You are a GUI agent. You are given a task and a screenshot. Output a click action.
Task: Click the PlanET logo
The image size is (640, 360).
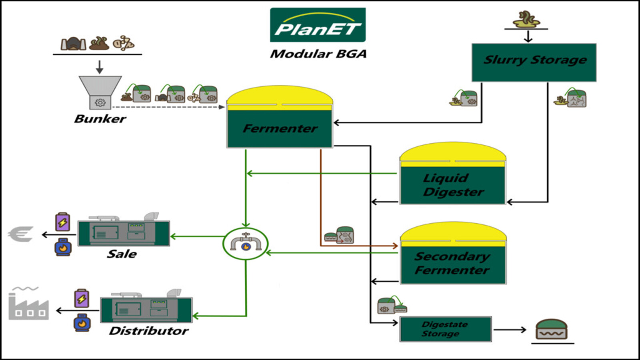(x=318, y=25)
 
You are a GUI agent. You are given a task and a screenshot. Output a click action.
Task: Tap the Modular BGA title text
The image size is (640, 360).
(x=318, y=54)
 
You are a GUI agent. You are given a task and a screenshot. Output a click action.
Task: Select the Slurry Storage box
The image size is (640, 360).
(x=534, y=62)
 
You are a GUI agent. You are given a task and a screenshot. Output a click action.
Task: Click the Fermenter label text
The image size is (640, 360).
(x=280, y=128)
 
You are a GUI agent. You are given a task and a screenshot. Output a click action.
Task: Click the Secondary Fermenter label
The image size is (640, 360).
(x=452, y=263)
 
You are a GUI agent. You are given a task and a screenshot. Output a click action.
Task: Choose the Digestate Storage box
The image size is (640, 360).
(x=445, y=329)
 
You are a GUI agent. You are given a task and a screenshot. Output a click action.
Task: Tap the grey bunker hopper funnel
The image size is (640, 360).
(x=100, y=86)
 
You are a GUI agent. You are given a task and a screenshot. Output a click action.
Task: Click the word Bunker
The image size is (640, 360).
(x=100, y=119)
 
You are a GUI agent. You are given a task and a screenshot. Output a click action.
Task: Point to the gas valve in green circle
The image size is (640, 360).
(x=246, y=243)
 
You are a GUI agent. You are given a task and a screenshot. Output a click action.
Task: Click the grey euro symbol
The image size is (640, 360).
(x=21, y=234)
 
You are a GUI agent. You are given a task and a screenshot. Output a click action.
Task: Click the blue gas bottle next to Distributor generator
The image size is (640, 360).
(x=82, y=322)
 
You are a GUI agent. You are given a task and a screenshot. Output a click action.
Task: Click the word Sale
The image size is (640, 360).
(x=122, y=254)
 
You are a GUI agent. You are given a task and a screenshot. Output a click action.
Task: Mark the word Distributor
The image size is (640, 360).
(x=148, y=331)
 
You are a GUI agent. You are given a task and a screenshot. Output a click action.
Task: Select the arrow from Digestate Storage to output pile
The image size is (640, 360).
(x=510, y=330)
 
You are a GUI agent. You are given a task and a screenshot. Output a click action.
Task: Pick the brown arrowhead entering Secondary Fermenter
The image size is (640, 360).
(x=395, y=246)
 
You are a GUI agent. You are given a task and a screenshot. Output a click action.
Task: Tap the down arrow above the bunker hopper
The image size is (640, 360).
(x=100, y=67)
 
